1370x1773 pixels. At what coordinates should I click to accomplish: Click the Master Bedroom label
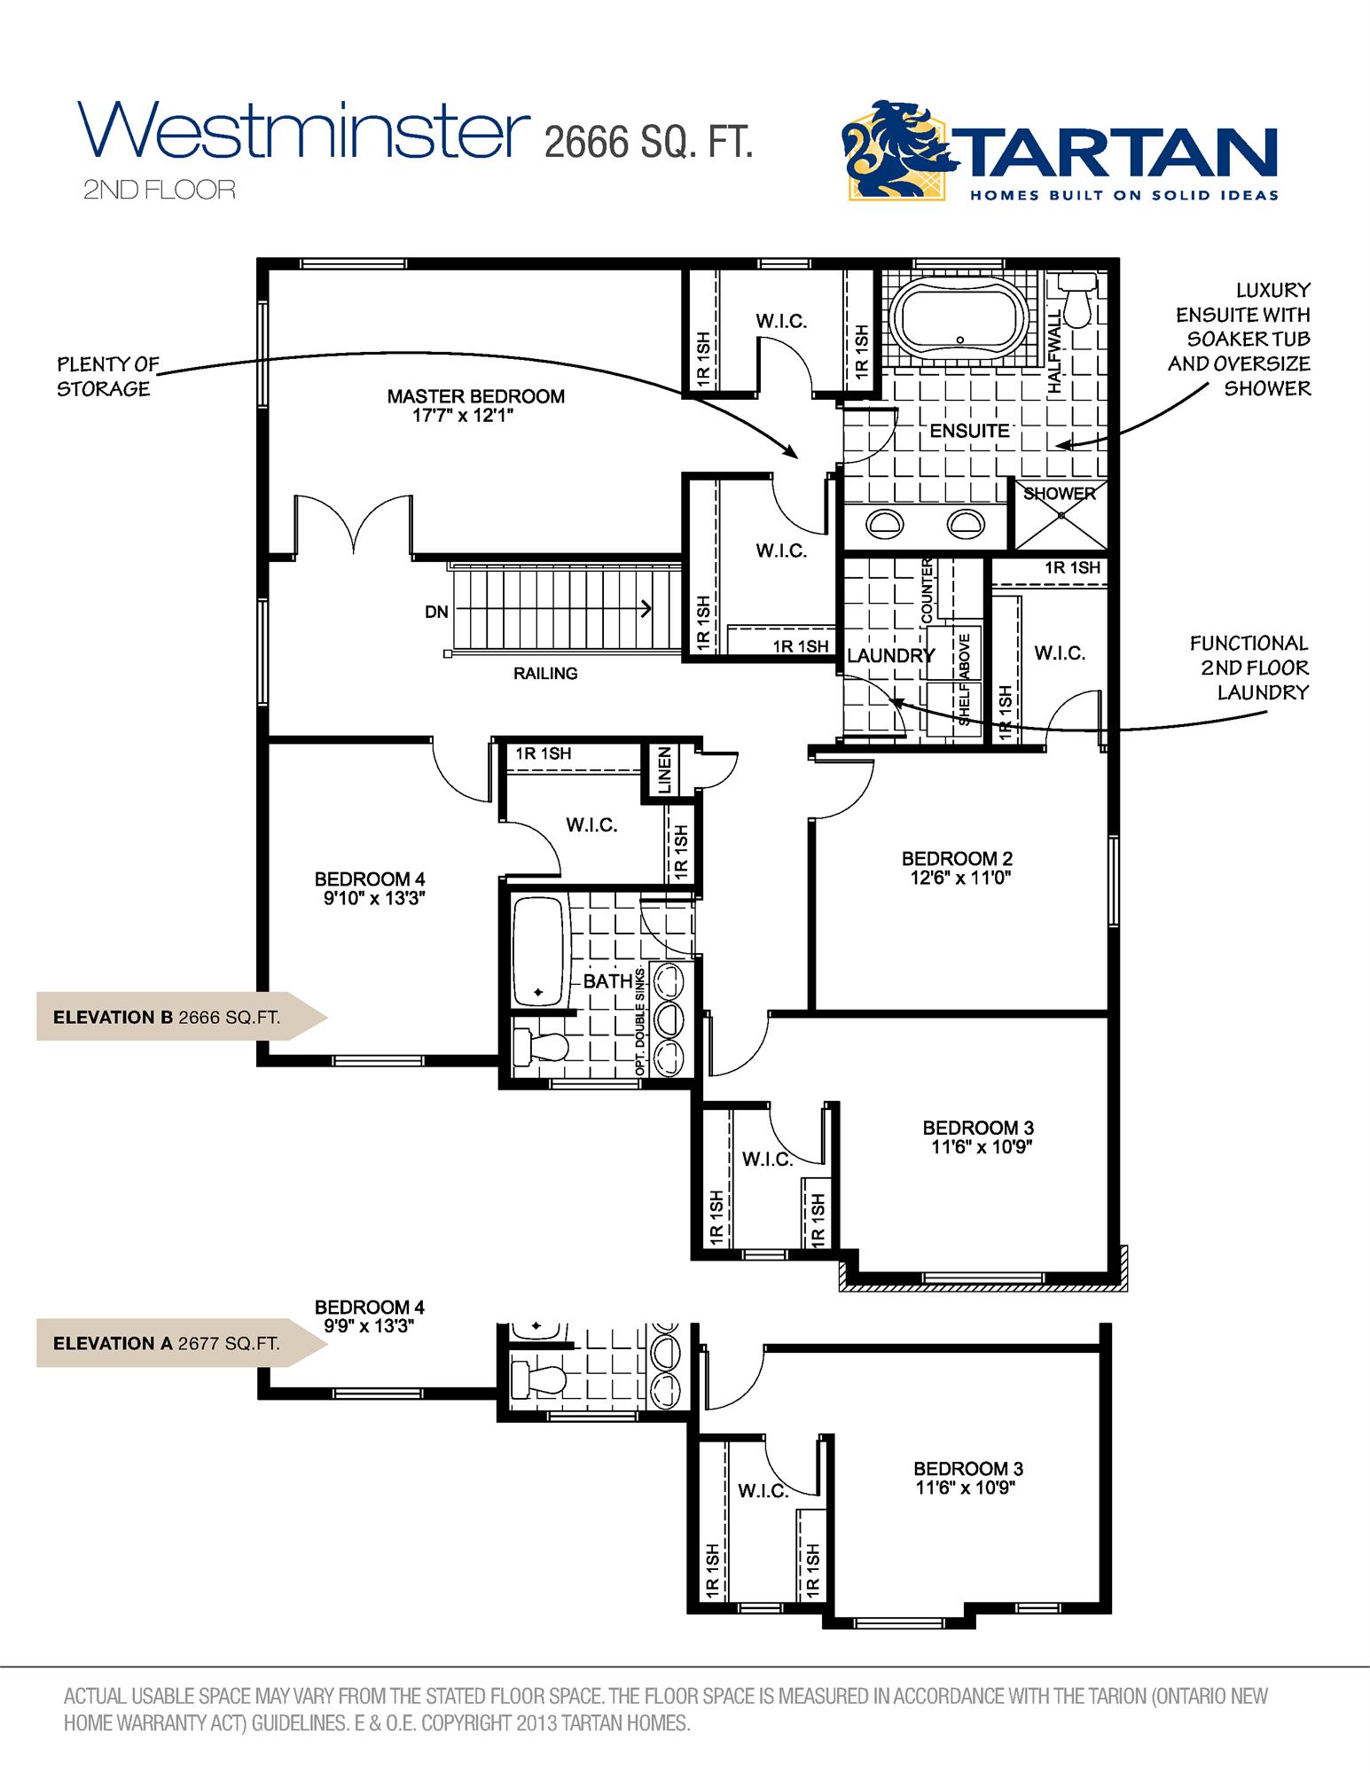coord(475,397)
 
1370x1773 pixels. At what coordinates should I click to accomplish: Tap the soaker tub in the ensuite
coord(960,318)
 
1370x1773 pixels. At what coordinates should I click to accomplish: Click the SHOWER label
coord(1060,494)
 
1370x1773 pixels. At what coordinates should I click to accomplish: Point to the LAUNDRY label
coord(890,656)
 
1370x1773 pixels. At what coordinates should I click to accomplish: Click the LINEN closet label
coord(665,770)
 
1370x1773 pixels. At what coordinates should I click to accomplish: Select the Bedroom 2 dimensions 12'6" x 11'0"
coord(957,879)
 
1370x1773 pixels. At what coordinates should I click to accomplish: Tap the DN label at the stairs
coord(436,612)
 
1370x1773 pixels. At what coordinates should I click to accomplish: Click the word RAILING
coord(545,674)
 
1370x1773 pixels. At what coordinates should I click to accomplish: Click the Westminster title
coord(303,131)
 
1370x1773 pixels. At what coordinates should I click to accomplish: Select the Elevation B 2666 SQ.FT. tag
coord(168,1017)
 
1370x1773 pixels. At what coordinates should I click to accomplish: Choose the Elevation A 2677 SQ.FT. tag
coord(168,1343)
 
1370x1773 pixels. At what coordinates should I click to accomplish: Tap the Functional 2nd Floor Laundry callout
coord(1249,668)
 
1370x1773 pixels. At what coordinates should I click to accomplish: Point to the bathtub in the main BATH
coord(539,952)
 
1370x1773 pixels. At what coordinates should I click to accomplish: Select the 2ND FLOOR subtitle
coord(160,190)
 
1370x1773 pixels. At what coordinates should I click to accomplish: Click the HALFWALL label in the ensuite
coord(1054,351)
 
